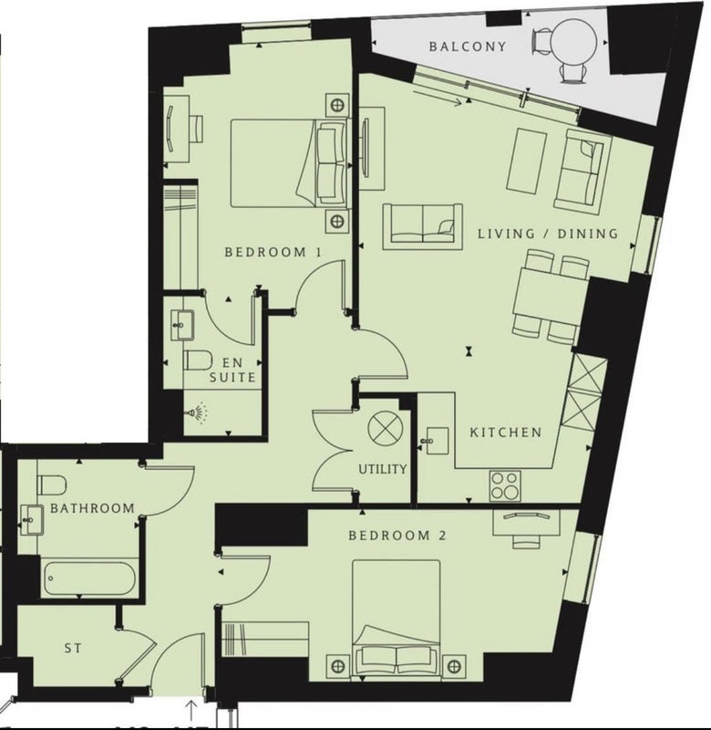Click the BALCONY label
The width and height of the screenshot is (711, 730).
point(468,47)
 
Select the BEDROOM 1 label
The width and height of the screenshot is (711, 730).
point(273,253)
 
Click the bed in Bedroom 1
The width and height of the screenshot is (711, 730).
point(289,163)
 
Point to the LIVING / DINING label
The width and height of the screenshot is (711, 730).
point(548,234)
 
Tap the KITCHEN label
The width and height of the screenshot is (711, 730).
point(506,433)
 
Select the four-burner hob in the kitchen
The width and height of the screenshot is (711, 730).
point(505,486)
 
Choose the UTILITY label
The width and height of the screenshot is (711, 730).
point(383,469)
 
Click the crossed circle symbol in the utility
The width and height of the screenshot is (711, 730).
point(386,428)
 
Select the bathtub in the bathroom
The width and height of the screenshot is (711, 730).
point(90,579)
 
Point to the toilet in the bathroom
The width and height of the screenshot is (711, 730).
point(51,485)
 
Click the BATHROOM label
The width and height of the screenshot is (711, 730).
point(93,508)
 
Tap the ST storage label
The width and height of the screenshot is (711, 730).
point(73,648)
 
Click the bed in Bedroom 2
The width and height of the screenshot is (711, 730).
point(397,620)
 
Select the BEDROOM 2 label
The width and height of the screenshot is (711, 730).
point(397,536)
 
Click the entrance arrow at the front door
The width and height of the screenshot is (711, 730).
point(191,710)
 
